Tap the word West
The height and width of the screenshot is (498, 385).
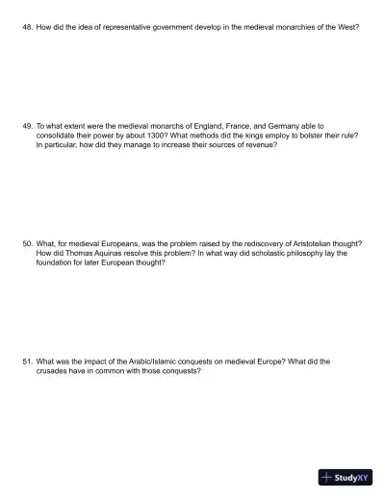click(347, 29)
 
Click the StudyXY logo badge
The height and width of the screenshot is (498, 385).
click(346, 477)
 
